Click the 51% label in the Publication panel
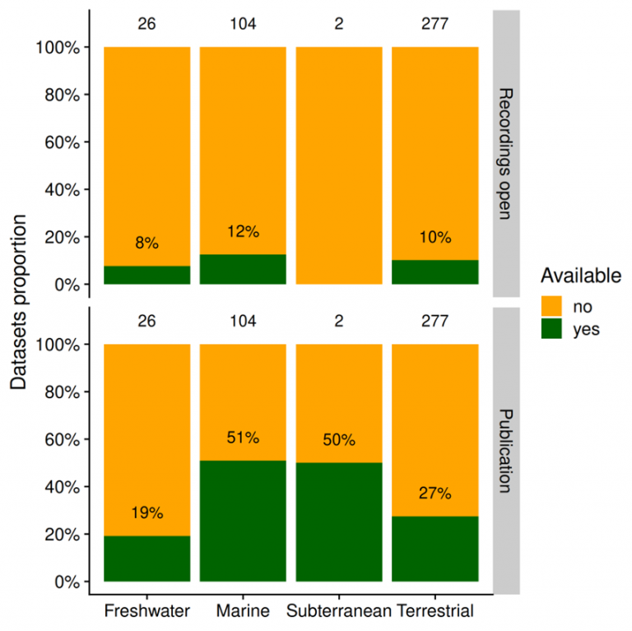tap(243, 438)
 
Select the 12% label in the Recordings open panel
tap(243, 232)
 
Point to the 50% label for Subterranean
tap(338, 440)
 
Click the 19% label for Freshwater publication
tap(146, 513)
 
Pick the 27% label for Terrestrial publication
tap(434, 494)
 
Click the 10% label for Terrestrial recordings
tap(434, 238)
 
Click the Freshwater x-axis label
tap(146, 611)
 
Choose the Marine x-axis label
tap(243, 611)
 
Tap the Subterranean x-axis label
tap(338, 611)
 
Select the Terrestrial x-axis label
tap(434, 611)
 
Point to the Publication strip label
tap(506, 450)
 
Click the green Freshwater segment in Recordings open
tap(146, 275)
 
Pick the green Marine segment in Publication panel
tap(243, 521)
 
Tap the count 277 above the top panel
tap(434, 24)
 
